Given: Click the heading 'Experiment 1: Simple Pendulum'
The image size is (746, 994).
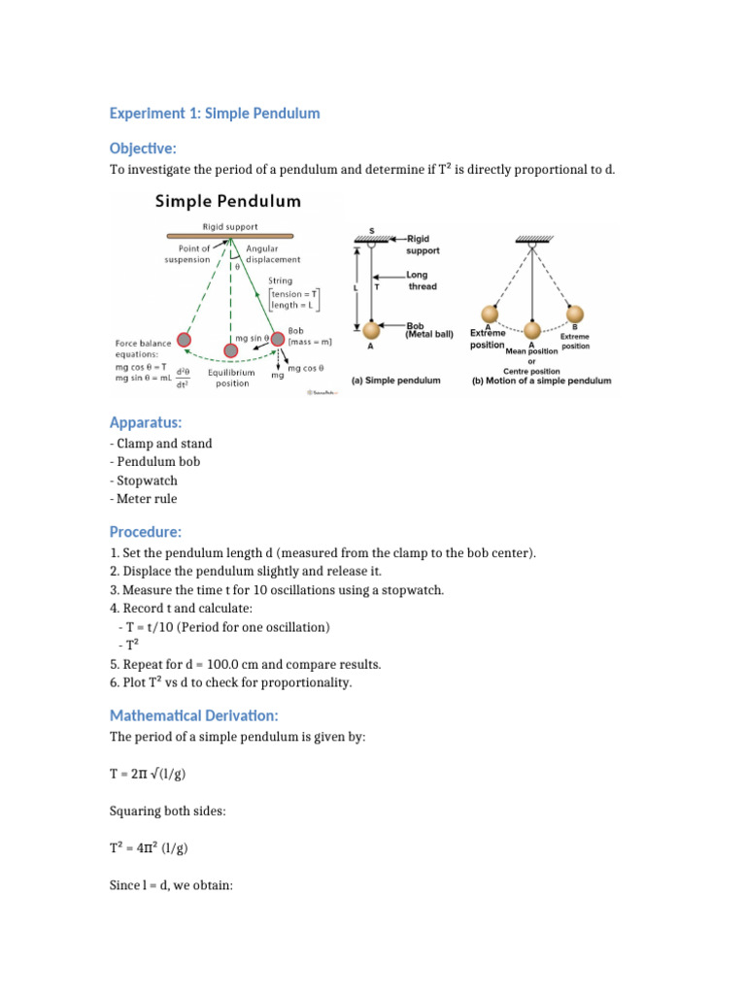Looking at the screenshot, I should pos(215,114).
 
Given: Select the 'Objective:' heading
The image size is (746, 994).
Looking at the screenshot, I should pos(144,147).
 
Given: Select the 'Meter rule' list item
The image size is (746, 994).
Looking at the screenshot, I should pos(146,499).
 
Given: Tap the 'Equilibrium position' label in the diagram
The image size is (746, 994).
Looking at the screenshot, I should pos(230,378).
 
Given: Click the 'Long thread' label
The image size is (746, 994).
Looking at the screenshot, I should pos(422,281).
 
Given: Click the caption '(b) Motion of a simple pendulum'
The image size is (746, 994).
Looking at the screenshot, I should pos(541,381).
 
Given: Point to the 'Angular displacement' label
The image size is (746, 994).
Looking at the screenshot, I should pos(273,253).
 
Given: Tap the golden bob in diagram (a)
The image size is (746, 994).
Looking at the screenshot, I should pos(371,329).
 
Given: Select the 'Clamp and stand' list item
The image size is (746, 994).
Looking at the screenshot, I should pos(161,444).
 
